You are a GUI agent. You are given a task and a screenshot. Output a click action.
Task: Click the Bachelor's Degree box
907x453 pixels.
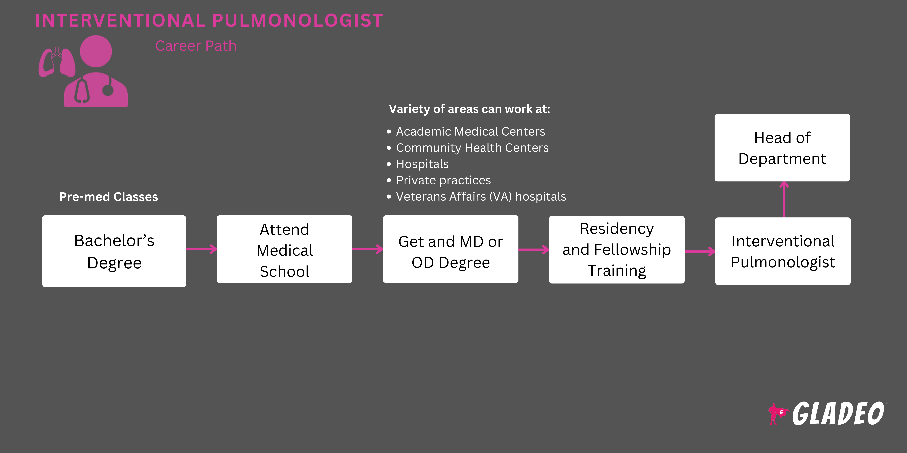pos(114,251)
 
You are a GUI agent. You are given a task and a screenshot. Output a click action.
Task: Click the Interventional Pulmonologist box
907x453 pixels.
pos(783,251)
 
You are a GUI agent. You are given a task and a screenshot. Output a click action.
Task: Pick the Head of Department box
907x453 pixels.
pos(782,148)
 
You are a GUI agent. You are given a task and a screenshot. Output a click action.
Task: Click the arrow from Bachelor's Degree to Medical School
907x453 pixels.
pos(201,249)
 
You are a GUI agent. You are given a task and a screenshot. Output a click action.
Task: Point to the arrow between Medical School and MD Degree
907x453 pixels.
pos(368,249)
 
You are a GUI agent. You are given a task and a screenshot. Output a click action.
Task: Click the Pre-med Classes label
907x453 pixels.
pos(108,197)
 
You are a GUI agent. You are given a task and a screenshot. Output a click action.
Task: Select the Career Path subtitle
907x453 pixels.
pos(196,46)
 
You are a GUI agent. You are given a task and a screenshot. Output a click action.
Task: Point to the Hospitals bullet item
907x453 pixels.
pos(422,164)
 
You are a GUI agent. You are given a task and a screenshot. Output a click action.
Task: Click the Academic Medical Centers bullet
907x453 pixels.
pos(470,132)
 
